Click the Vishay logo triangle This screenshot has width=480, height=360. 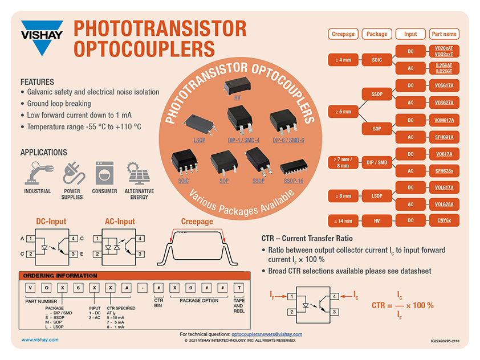coord(42,38)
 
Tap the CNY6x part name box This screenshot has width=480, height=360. coord(444,220)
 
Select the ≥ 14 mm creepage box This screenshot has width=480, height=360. coord(343,221)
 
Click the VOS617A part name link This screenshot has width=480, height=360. coord(444,85)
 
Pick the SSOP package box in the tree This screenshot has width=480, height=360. coord(376,94)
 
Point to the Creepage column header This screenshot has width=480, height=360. coord(343,34)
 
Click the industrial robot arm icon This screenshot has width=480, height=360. coord(39,173)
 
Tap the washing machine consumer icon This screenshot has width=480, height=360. coord(104,173)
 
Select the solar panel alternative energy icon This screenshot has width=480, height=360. coord(139,173)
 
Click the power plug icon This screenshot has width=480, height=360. coord(74,173)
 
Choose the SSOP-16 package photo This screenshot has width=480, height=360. coord(293,167)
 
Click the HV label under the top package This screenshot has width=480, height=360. coord(237,97)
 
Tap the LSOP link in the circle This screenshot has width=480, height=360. coord(200,140)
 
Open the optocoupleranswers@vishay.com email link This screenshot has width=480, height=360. coord(267,334)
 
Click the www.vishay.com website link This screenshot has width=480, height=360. coord(40,340)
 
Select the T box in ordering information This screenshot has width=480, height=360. coord(239,288)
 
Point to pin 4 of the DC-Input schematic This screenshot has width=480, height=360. coord(73,238)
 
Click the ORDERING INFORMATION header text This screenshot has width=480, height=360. coord(60,276)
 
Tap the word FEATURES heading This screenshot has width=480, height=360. coord(37,82)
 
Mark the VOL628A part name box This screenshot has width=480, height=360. coord(444,204)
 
